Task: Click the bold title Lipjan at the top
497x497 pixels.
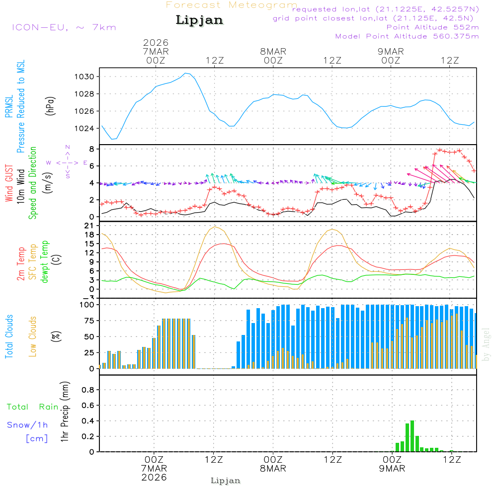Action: [x=199, y=20]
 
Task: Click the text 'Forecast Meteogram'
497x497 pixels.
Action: [x=232, y=5]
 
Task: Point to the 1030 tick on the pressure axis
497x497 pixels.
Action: [x=84, y=77]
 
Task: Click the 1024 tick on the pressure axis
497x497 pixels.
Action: [x=84, y=128]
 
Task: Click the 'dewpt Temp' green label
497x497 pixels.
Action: [x=45, y=262]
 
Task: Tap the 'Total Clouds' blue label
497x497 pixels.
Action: [x=9, y=336]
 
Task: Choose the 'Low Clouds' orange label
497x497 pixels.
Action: [x=33, y=335]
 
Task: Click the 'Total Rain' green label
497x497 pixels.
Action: [x=33, y=407]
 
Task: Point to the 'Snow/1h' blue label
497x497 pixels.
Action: [x=28, y=425]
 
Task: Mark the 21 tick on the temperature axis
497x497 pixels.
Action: [x=89, y=225]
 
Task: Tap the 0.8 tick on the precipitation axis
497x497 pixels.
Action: [x=88, y=390]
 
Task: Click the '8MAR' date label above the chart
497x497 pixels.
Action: [x=273, y=51]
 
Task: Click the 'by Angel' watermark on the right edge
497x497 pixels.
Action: [x=486, y=344]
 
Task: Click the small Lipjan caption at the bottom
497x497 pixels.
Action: [x=226, y=481]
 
